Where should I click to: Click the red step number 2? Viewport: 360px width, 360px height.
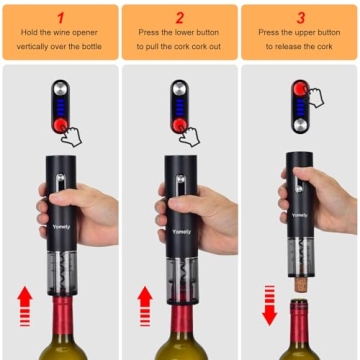(x=180, y=17)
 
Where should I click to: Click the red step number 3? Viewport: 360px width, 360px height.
(x=301, y=17)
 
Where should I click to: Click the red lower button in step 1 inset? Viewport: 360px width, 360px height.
(x=60, y=125)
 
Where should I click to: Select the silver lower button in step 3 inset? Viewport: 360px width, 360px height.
(x=300, y=125)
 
